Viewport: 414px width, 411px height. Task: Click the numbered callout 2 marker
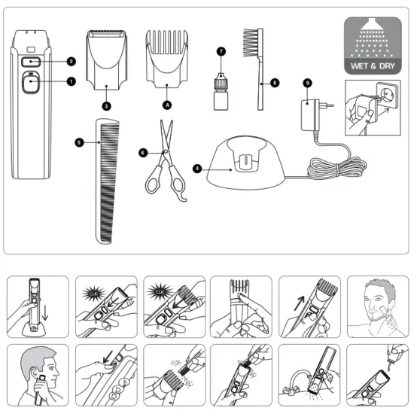click(x=71, y=60)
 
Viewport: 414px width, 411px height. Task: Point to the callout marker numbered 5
click(x=78, y=141)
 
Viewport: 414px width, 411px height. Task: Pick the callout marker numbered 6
click(x=142, y=152)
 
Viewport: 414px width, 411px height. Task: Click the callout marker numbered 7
click(x=221, y=51)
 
